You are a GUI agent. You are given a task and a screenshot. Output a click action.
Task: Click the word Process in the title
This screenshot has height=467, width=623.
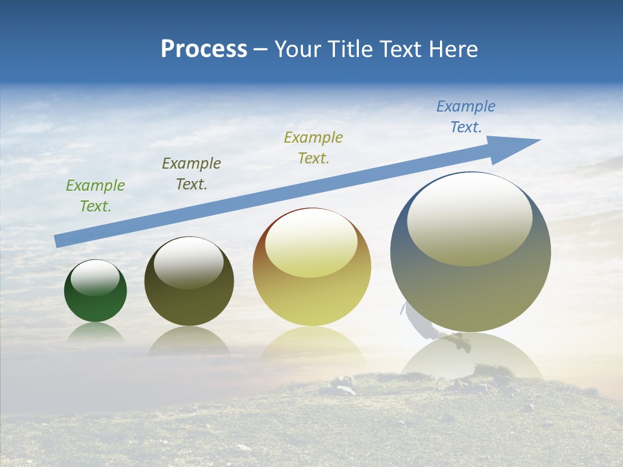(x=204, y=49)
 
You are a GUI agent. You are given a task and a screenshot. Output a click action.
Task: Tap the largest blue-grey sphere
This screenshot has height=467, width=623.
(x=470, y=292)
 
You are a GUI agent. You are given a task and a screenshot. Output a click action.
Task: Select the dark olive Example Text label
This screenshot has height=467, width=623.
(x=191, y=174)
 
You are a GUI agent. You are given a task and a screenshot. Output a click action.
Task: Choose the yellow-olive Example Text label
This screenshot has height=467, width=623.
(x=313, y=147)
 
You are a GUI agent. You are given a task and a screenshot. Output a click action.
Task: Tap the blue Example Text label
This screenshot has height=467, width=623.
(x=466, y=117)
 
